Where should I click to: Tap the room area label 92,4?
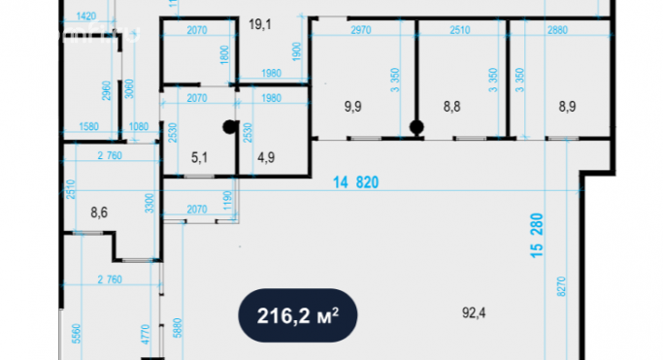pos(476,312)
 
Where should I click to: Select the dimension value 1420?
pos(85,16)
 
